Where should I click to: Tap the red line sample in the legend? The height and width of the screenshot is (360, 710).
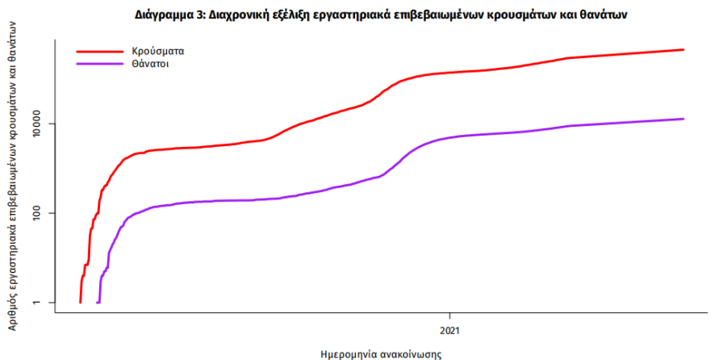point(97,50)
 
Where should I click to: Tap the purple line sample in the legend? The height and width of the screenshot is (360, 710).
point(97,63)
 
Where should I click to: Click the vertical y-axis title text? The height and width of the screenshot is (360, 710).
point(14,178)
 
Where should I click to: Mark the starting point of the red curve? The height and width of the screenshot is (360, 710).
point(80,302)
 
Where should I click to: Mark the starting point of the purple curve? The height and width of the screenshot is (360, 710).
point(98,302)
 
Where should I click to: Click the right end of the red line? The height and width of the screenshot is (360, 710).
point(683,50)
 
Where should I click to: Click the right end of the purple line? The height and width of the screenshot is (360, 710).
point(683,119)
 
